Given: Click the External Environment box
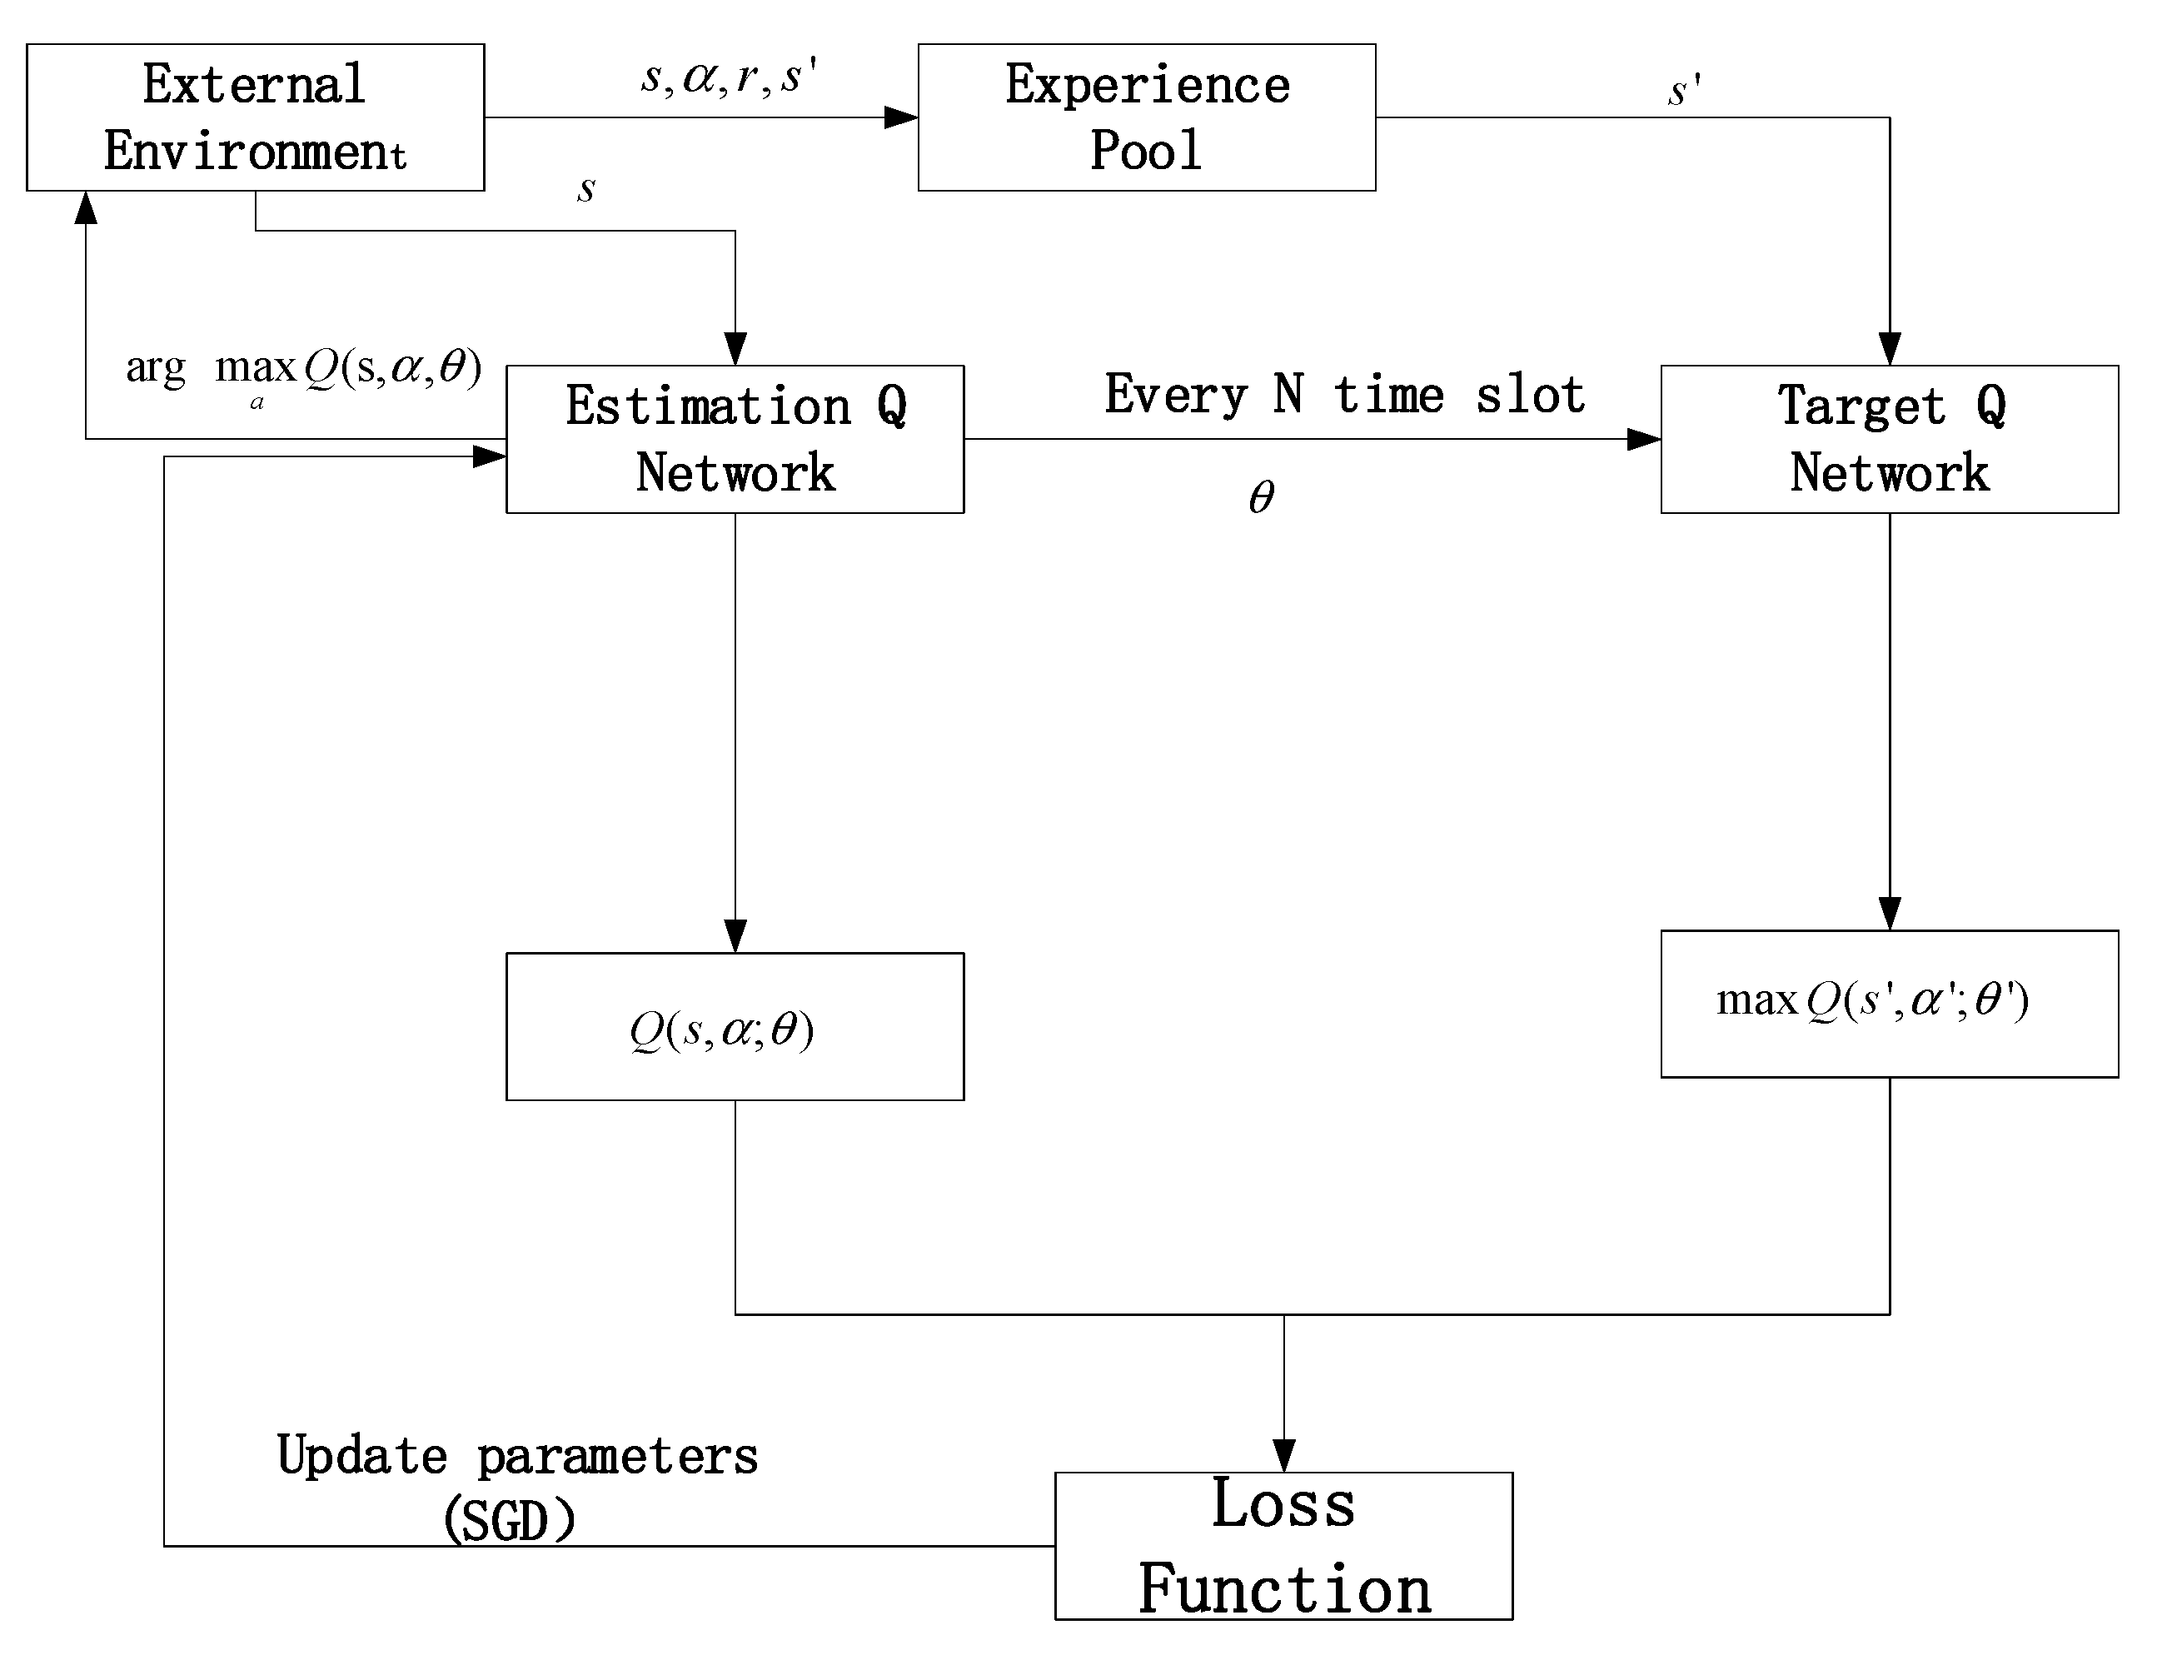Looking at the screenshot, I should tap(255, 117).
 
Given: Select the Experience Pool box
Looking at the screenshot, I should tap(1147, 117).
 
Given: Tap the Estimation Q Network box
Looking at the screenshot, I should tap(735, 440).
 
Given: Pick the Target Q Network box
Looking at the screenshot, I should tap(1889, 440).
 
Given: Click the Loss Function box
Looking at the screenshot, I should tap(1283, 1546).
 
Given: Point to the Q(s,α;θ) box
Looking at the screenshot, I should tap(735, 1026).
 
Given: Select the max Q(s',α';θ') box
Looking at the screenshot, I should tap(1889, 1004).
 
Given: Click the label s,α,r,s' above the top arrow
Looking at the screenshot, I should tap(729, 77).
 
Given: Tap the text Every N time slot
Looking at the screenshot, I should tap(1344, 395).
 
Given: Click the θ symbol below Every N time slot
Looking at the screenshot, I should tap(1262, 497).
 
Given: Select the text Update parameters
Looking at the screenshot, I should tap(517, 1456).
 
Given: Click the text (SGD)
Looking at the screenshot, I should tap(509, 1520).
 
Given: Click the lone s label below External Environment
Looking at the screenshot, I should tap(586, 188).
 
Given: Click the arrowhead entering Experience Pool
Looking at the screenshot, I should tap(900, 117).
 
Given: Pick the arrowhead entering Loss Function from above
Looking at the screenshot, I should tap(1283, 1455).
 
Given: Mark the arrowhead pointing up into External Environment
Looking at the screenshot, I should tap(87, 208).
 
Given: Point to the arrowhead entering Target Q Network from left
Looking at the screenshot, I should tap(1643, 440).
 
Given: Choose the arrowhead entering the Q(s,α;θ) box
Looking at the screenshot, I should tap(735, 935).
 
